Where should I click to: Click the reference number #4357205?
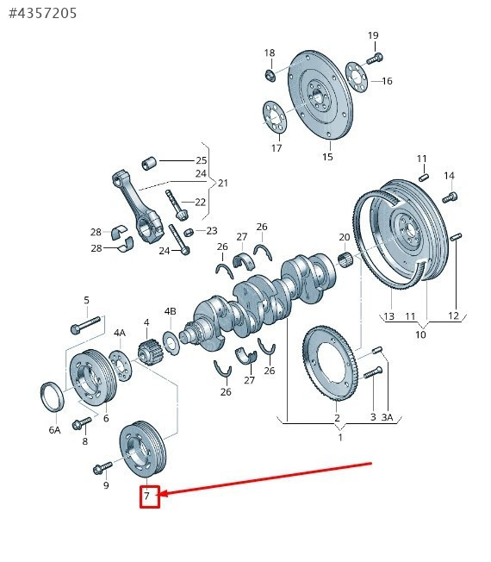pos(42,13)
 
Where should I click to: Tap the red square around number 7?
pos(150,496)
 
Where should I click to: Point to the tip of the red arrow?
pos(158,495)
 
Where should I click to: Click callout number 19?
pos(373,35)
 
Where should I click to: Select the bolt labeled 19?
pos(375,58)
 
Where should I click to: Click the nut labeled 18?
pos(270,76)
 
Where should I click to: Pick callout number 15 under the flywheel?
pos(327,157)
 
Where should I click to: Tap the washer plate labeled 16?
pos(357,77)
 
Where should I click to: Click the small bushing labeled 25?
pos(149,164)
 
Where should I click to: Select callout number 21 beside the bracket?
pos(223,183)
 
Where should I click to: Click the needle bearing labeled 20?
pos(345,258)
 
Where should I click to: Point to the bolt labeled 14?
pos(450,197)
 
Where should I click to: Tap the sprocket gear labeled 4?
pos(148,352)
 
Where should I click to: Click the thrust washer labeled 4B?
pos(171,343)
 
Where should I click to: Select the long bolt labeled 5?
pos(86,325)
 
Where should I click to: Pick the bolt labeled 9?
pos(103,468)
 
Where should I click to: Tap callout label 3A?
pos(387,417)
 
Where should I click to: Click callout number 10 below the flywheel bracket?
pos(420,334)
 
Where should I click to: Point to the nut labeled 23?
pos(189,233)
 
